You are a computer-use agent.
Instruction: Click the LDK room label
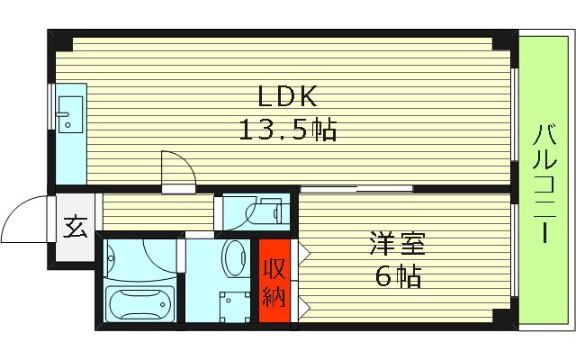[x=287, y=96]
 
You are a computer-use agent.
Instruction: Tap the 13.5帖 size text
[x=287, y=131]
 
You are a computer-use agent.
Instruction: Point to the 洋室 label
[x=396, y=243]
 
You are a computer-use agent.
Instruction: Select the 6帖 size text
[x=397, y=276]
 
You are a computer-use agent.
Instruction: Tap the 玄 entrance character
[x=76, y=228]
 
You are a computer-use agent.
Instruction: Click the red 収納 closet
[x=274, y=281]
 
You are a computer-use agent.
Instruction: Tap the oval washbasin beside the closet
[x=235, y=262]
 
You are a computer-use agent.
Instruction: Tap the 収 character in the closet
[x=274, y=267]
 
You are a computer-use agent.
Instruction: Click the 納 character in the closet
[x=274, y=293]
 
